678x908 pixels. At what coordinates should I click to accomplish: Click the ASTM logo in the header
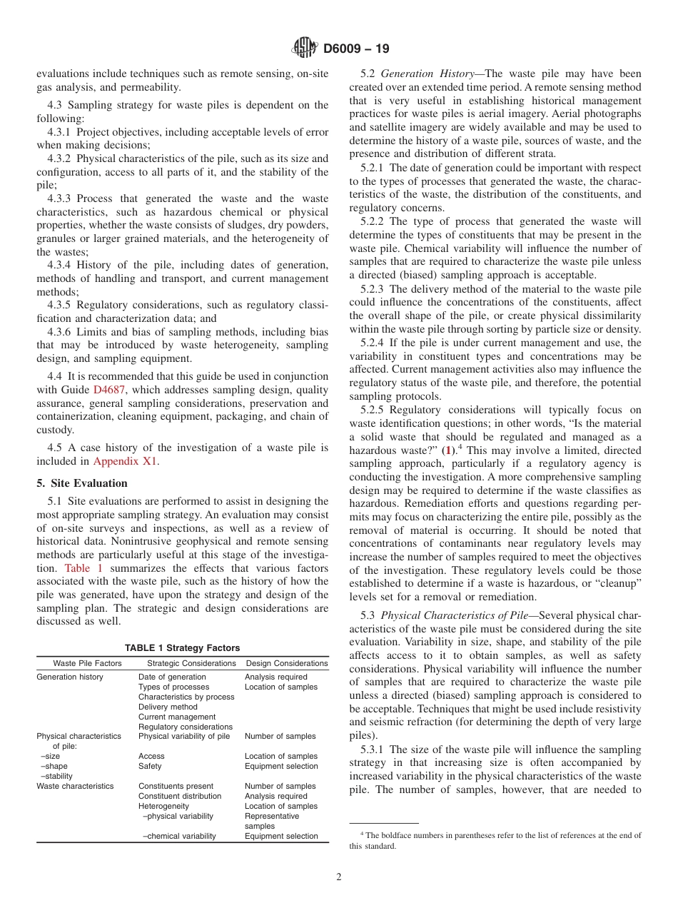pyautogui.click(x=305, y=49)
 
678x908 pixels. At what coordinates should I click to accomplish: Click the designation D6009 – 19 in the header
pyautogui.click(x=356, y=49)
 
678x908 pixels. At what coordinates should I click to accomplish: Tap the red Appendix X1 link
pyautogui.click(x=126, y=460)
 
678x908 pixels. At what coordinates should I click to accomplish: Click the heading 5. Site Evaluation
pyautogui.click(x=82, y=483)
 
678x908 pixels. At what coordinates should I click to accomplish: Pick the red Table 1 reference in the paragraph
pyautogui.click(x=84, y=568)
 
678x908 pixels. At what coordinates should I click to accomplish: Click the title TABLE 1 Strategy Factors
pyautogui.click(x=182, y=647)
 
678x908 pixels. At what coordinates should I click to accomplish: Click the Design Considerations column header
pyautogui.click(x=287, y=663)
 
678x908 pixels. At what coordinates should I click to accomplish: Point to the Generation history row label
pyautogui.click(x=70, y=677)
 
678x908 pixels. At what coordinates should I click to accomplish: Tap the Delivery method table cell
pyautogui.click(x=168, y=707)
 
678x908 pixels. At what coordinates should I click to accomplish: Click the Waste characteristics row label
pyautogui.click(x=75, y=786)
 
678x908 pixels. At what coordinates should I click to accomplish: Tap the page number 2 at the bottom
pyautogui.click(x=339, y=877)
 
